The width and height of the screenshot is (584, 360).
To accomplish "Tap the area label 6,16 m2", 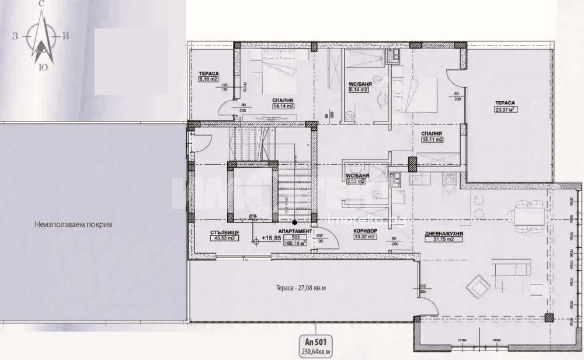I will pos(208,79).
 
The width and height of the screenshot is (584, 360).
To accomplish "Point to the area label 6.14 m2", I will pos(358,91).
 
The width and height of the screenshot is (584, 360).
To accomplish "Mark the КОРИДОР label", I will pos(365,231).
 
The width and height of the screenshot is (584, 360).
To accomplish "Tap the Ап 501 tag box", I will pos(315,342).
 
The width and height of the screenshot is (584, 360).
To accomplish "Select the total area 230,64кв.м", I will pos(315,352).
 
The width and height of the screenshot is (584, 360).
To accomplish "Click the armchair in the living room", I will pos(477,287).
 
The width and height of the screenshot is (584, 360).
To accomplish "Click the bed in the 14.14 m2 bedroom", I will pos(266,75).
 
